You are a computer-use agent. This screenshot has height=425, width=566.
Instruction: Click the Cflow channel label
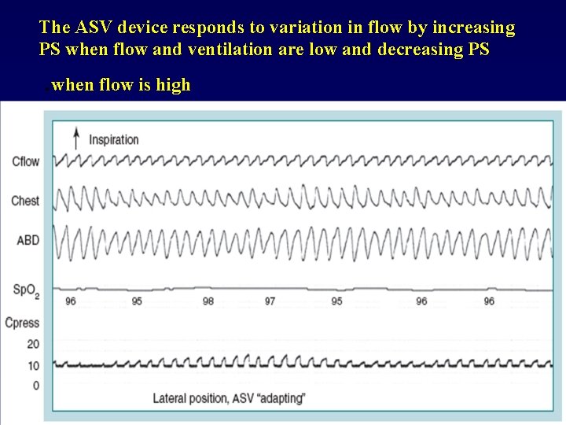25,162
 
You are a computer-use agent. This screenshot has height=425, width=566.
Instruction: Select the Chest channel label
25,201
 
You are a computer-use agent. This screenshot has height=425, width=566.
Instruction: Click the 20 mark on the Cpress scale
33,344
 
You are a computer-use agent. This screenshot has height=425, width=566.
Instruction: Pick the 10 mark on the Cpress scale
33,365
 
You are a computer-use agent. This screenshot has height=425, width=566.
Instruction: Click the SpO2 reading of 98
208,301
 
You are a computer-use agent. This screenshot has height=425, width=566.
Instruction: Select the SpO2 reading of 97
270,301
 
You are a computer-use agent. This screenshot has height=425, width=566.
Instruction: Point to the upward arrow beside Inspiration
76,139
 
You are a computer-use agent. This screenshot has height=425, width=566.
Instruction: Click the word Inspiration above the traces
114,140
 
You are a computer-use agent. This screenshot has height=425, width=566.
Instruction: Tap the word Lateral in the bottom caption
171,397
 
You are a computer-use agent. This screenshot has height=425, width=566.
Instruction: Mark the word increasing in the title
470,28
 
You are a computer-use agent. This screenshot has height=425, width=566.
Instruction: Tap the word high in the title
173,85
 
